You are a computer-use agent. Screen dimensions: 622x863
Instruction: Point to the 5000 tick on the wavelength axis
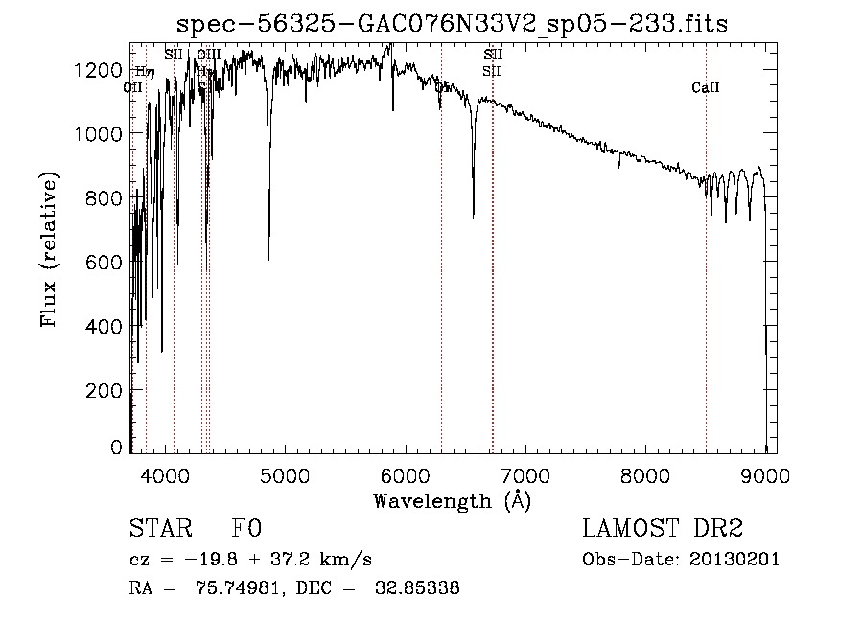tap(286, 473)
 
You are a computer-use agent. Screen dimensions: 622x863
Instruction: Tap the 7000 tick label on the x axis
tap(525, 473)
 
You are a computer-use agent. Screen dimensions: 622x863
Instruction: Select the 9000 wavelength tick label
tap(765, 473)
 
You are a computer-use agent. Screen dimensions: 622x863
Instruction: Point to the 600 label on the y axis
tap(107, 263)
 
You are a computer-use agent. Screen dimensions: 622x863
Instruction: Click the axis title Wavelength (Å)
tap(452, 500)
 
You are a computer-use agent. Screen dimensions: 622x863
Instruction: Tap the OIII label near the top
tap(208, 55)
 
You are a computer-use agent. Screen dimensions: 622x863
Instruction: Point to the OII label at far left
tap(133, 87)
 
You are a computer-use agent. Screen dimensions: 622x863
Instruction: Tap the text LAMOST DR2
tap(663, 529)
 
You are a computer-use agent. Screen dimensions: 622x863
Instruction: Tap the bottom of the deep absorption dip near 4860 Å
tap(268, 259)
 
